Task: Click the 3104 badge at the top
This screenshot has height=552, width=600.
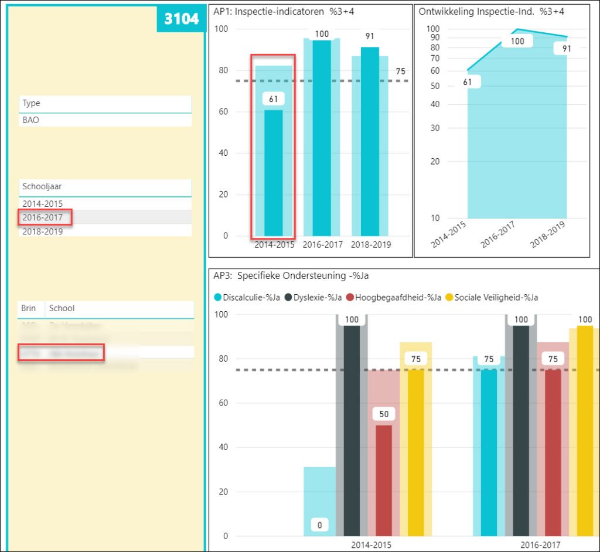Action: pyautogui.click(x=181, y=19)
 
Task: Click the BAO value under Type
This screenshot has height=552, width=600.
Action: pyautogui.click(x=30, y=120)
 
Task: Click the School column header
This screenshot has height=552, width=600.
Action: pyautogui.click(x=62, y=308)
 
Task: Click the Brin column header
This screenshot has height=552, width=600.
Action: pyautogui.click(x=29, y=308)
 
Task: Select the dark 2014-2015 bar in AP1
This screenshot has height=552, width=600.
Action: pyautogui.click(x=273, y=176)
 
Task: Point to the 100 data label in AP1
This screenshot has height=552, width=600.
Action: pyautogui.click(x=322, y=34)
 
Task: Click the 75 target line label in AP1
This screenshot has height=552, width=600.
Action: pyautogui.click(x=401, y=71)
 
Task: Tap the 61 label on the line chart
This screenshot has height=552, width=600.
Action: pyautogui.click(x=467, y=82)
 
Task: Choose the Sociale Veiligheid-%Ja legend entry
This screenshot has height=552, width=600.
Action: pyautogui.click(x=496, y=297)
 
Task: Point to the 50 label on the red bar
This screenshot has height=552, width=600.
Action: pyautogui.click(x=384, y=414)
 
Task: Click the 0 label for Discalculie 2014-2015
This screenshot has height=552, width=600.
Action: pyautogui.click(x=319, y=525)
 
